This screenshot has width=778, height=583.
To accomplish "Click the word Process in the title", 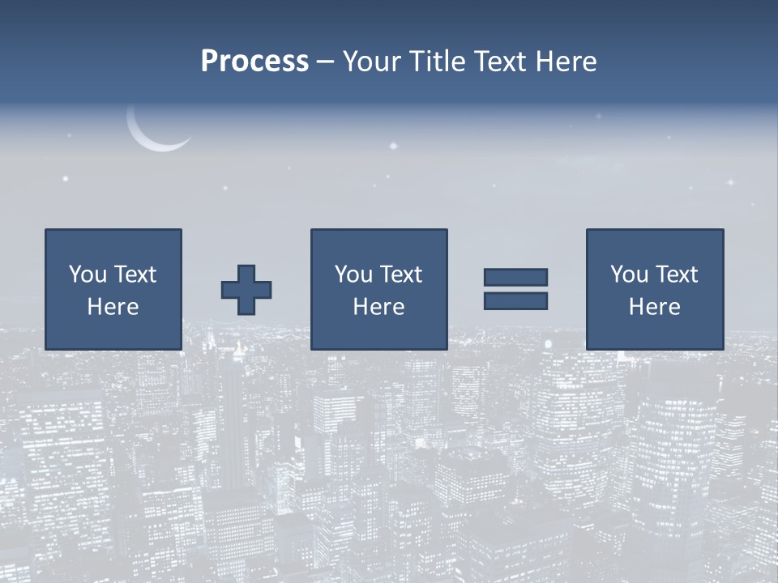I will tap(254, 62).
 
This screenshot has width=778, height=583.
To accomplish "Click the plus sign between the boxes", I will tap(246, 290).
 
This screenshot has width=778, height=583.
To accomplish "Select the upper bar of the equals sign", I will tap(515, 278).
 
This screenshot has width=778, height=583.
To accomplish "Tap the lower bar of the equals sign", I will tap(515, 301).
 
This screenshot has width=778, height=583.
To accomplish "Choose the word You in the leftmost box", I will tap(88, 274).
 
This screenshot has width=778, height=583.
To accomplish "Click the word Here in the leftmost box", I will tap(113, 307).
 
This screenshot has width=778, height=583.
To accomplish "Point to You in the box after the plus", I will tap(353, 274).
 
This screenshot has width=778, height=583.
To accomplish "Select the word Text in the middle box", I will tap(401, 274).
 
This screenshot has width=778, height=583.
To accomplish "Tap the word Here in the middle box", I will tap(379, 307).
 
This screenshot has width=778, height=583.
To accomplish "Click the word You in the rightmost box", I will tap(629, 274).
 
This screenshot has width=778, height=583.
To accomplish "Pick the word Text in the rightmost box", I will tap(677, 274).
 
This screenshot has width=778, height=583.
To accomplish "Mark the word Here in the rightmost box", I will tap(655, 307).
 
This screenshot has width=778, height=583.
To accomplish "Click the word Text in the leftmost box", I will tap(135, 274).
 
